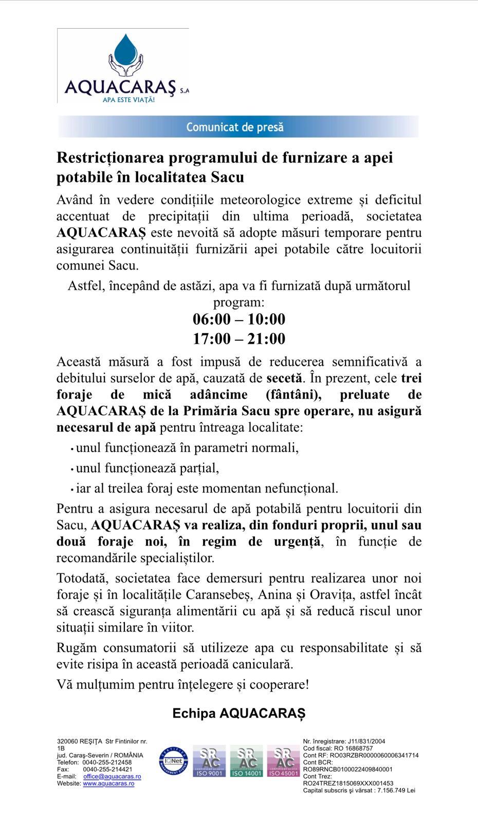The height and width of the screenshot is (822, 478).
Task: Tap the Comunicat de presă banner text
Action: coord(235,127)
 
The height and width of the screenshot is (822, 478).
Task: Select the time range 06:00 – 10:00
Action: coord(239,320)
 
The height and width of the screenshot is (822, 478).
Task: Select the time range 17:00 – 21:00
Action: coord(239,339)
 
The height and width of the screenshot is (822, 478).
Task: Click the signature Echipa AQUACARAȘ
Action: coord(239,714)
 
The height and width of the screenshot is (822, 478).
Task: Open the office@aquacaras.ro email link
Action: coord(112,776)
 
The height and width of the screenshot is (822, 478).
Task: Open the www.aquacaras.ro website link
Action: coord(108,783)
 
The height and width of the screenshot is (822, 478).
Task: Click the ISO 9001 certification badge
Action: coord(209,761)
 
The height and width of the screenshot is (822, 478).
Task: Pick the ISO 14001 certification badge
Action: coord(246,761)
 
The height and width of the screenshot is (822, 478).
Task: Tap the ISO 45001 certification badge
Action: coord(283,761)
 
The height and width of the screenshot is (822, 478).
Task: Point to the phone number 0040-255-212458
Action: coord(107,762)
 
